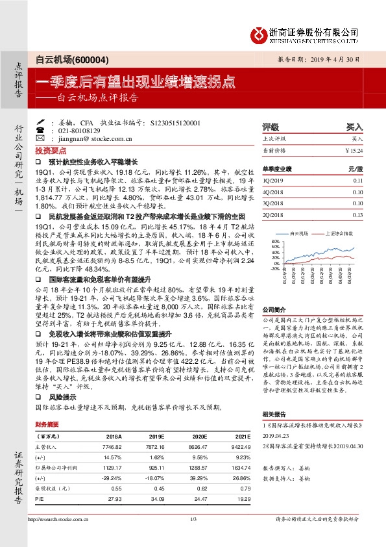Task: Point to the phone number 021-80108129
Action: pos(78,130)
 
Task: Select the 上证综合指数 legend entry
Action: pos(338,232)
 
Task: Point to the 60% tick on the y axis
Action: pos(276,246)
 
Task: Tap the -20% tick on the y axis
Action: pos(275,267)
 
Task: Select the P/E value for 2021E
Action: pos(240,498)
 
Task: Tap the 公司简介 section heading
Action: pos(272,310)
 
